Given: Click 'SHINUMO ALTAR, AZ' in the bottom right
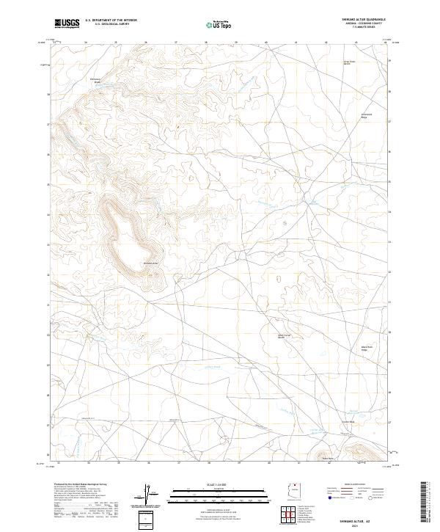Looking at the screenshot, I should click(357, 520).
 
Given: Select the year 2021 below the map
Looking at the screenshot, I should click(357, 525).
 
